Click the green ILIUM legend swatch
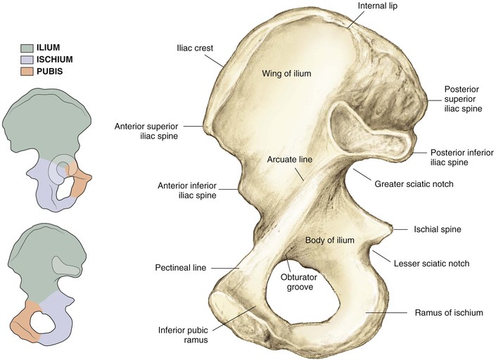point(29,48)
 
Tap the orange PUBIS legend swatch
point(29,72)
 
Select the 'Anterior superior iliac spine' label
point(146,131)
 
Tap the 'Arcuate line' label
point(289,160)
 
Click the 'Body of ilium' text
point(329,240)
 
